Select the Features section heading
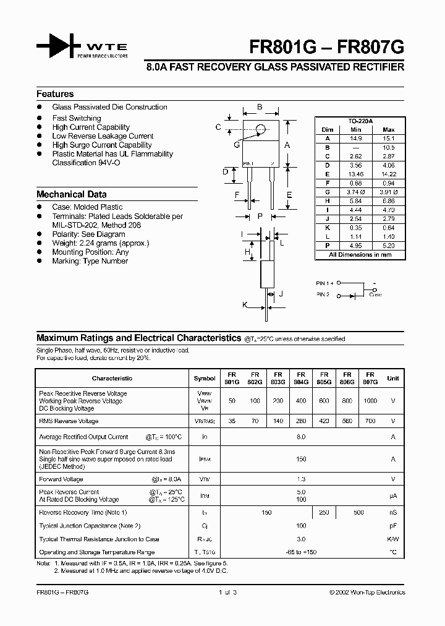[55, 94]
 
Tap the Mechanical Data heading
[71, 194]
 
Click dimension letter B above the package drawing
[260, 108]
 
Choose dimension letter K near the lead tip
[245, 306]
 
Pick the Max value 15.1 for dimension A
[389, 139]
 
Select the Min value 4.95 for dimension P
[355, 245]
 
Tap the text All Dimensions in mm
[361, 254]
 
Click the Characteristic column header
[112, 378]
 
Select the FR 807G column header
[370, 378]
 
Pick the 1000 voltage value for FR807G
[370, 401]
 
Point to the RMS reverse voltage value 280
[301, 421]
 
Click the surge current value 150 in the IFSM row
[301, 459]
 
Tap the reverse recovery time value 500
[358, 512]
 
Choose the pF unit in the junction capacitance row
[392, 526]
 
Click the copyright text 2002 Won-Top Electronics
[367, 592]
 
